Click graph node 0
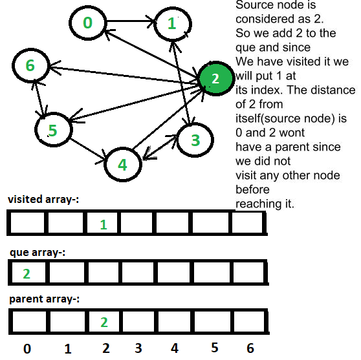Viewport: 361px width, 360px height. pos(88,23)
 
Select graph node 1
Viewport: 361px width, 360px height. pos(173,24)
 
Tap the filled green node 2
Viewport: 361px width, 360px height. pos(215,78)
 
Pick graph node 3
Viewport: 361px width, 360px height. pos(195,140)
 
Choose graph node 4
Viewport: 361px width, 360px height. pos(123,164)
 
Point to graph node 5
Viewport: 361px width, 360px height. pos(54,130)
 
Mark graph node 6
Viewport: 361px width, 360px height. pos(31,65)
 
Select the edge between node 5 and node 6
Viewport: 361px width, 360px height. pos(38,98)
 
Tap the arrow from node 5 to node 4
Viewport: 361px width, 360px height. pos(89,149)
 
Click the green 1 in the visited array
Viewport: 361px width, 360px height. pos(104,224)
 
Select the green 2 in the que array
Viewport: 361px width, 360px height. pos(27,274)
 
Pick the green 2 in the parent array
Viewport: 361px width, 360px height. pos(104,323)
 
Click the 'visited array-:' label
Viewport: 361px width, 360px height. pos(43,199)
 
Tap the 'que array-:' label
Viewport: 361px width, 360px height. pos(38,253)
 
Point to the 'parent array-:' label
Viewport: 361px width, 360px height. pos(44,299)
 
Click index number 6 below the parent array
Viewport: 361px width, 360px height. pos(250,348)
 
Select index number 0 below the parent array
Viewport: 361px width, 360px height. pos(27,349)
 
